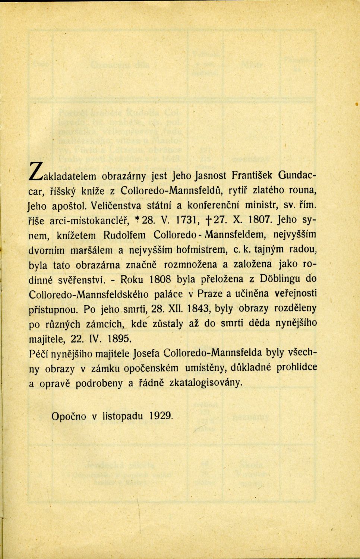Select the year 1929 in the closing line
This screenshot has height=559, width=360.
(161, 416)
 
